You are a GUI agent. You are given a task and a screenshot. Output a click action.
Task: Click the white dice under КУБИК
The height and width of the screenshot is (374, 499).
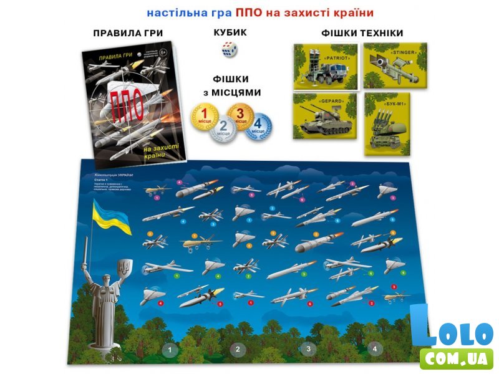[x=230, y=50]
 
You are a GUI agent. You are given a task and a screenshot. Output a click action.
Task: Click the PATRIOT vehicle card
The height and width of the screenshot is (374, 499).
[x=325, y=66]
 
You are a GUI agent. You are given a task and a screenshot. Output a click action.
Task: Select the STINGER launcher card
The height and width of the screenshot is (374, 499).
[x=395, y=65]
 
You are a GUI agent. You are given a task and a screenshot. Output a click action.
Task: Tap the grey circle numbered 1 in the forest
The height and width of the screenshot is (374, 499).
[x=167, y=350]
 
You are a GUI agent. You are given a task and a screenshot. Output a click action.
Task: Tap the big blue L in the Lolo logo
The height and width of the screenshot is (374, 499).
[x=422, y=325]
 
